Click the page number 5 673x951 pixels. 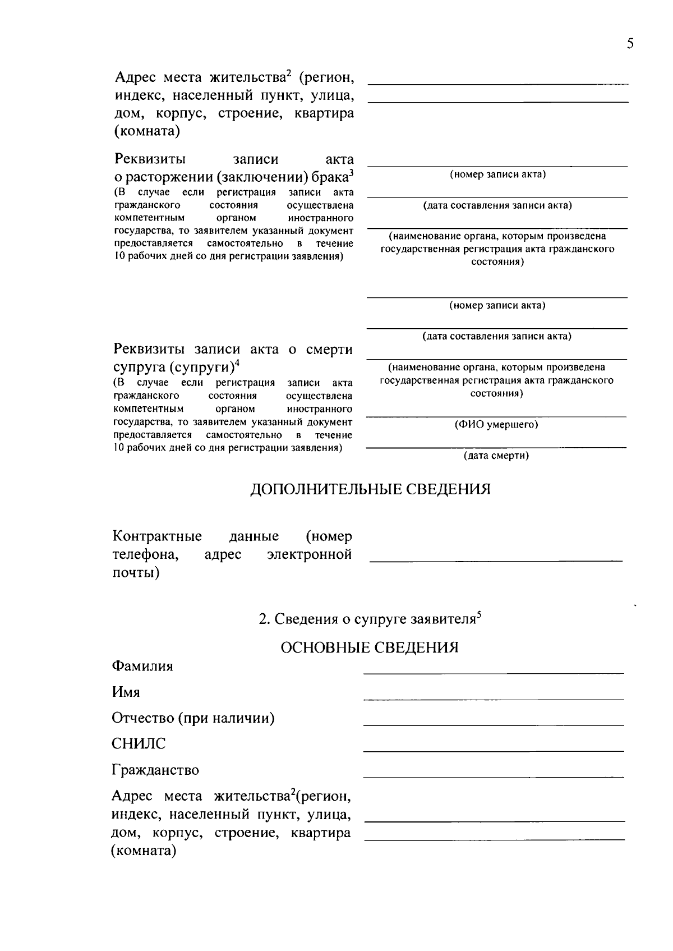[630, 44]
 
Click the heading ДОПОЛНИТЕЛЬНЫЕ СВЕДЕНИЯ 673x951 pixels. [370, 489]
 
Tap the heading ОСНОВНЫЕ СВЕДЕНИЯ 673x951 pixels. [369, 647]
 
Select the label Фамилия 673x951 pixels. [142, 666]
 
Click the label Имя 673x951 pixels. [126, 692]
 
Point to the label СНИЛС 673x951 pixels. [139, 744]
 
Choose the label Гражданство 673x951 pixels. [155, 770]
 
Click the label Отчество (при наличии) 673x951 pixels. [193, 718]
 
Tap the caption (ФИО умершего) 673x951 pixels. [496, 425]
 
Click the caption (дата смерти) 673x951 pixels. [496, 456]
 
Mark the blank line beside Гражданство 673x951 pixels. [494, 776]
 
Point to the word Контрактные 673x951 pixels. [157, 537]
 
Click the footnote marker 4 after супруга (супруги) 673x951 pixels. [237, 362]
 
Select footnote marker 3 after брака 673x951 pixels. [351, 173]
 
